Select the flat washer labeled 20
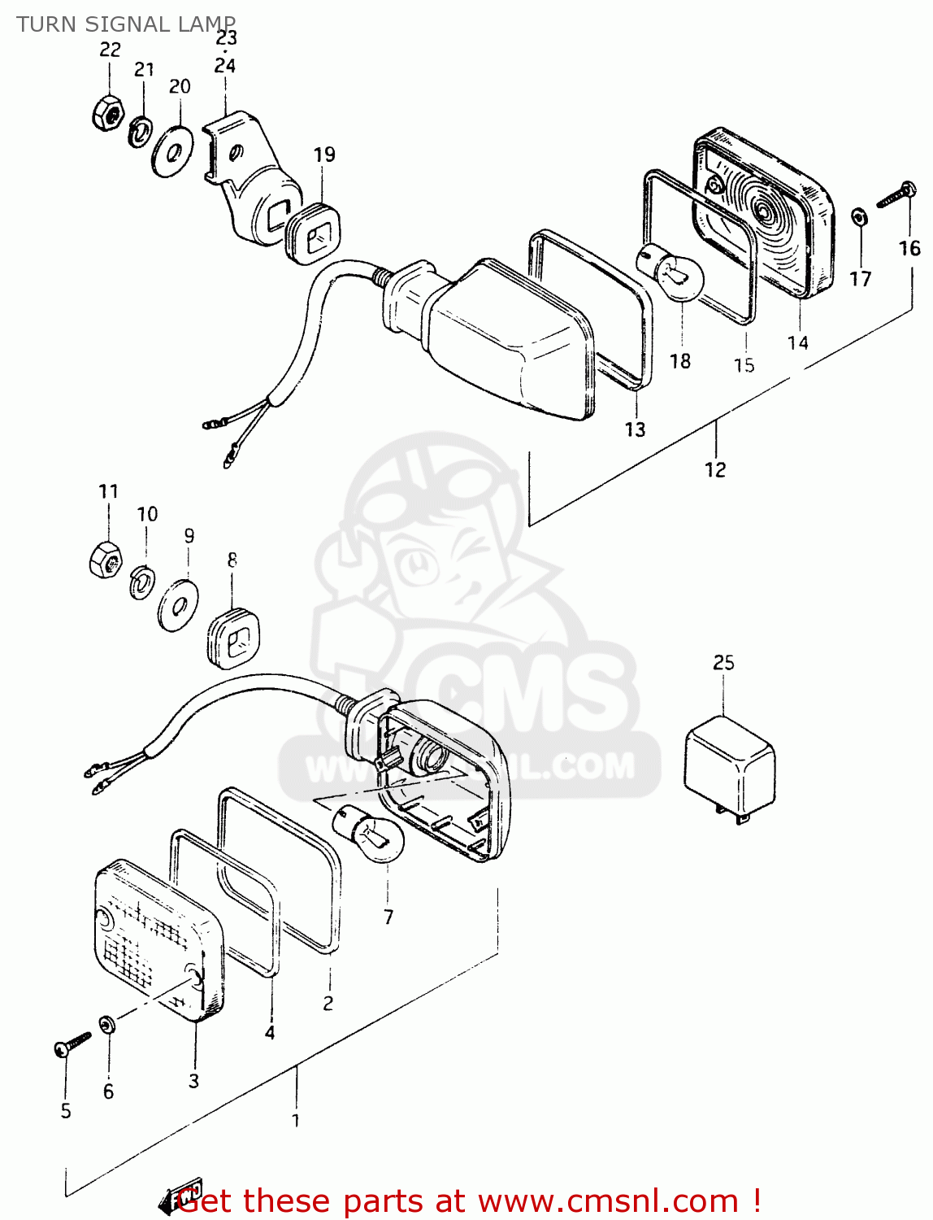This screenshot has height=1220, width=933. tap(171, 150)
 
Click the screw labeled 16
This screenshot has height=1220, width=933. tap(895, 194)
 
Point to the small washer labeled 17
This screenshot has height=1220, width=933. tap(859, 217)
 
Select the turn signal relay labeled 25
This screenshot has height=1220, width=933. tap(730, 765)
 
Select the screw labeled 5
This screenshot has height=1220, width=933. tap(72, 1044)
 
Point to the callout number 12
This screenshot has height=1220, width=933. tap(715, 470)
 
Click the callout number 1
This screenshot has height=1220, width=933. tap(296, 1121)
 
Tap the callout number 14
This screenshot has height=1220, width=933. tap(797, 342)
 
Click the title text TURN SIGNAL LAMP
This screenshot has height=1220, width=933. tap(126, 24)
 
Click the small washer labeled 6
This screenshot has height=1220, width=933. tap(106, 1025)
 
